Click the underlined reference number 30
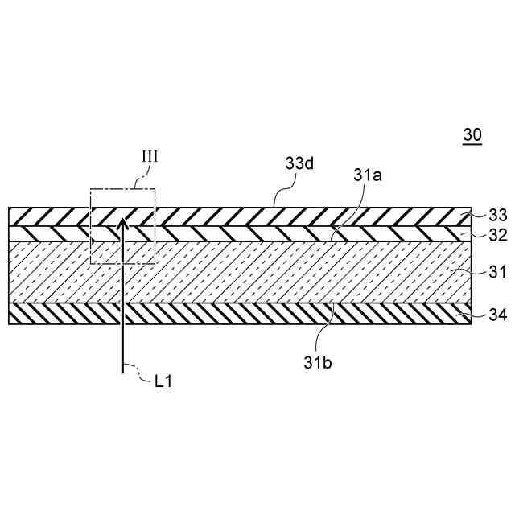point(472,135)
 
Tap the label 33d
point(299,163)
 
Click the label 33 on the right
point(499,215)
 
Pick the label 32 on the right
point(499,236)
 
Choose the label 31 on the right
point(499,273)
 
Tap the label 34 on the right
point(499,315)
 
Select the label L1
point(163,382)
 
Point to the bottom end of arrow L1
point(122,372)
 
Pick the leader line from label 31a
point(346,213)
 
